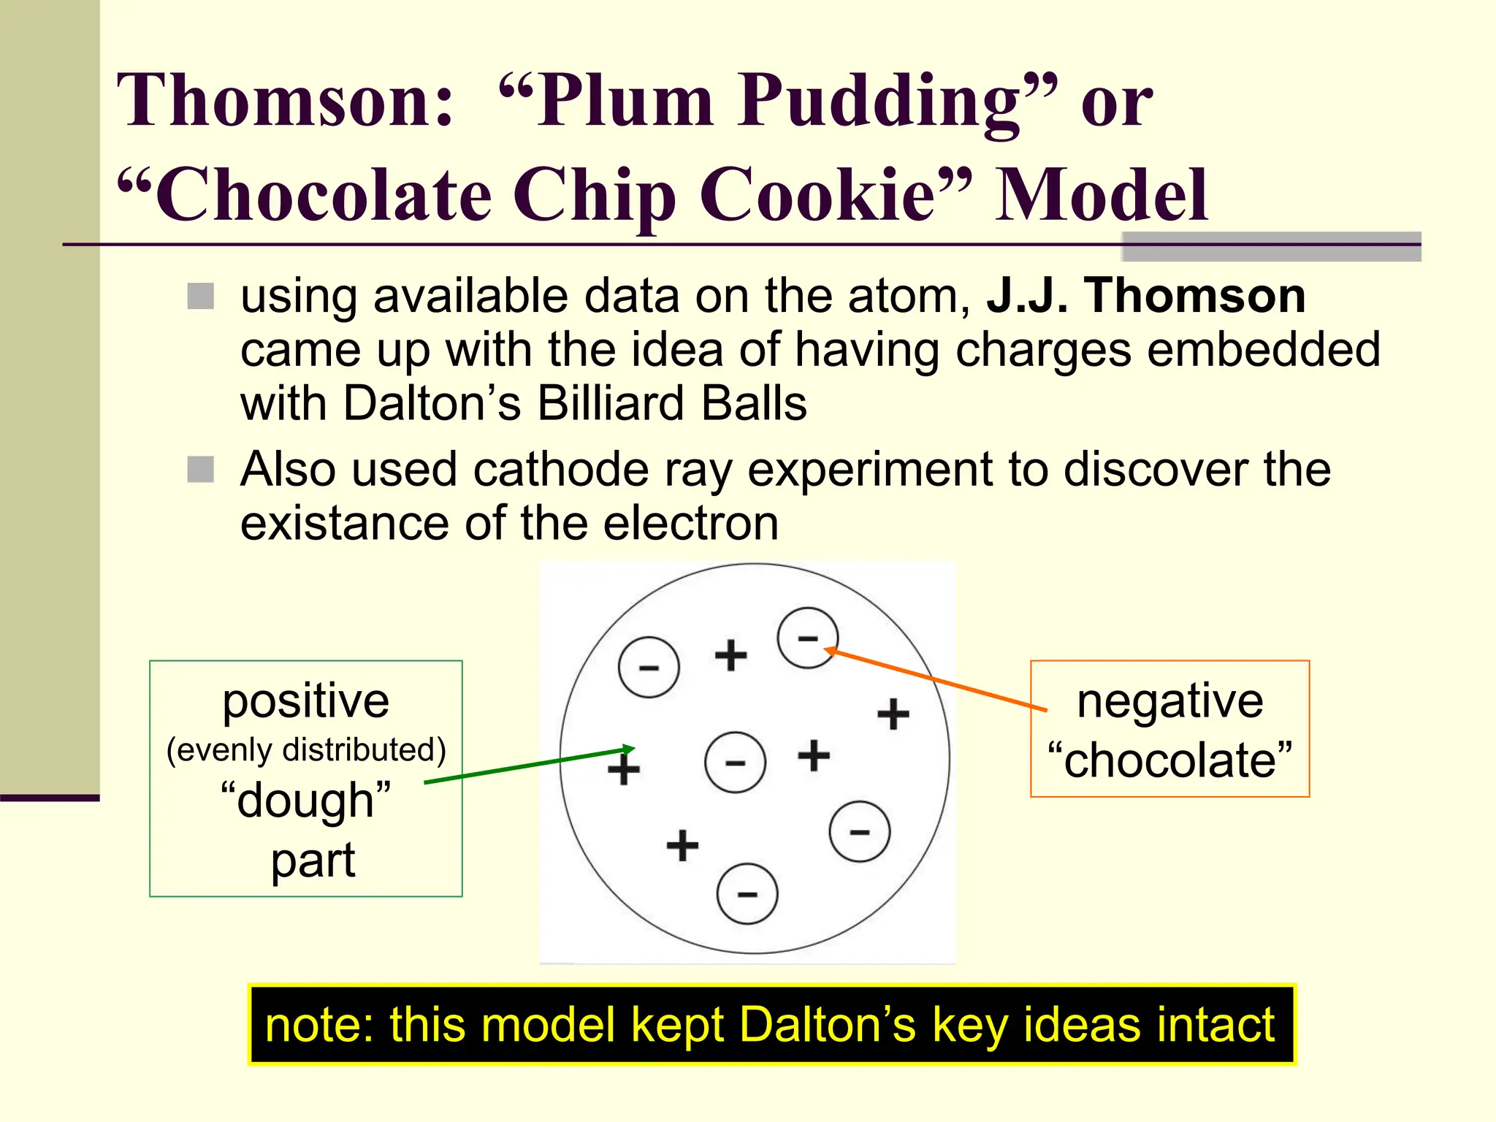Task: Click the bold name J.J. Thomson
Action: tap(1145, 296)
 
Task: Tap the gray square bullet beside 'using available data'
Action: tap(201, 297)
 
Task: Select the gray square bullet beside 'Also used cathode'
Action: tap(201, 470)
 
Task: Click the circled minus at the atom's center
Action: tap(735, 763)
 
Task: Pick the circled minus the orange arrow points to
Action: tap(807, 638)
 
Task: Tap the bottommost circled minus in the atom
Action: tap(747, 894)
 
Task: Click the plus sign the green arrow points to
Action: tap(624, 768)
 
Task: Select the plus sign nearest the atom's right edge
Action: tap(893, 714)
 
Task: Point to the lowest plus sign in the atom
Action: tap(682, 845)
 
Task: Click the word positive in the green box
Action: tap(305, 701)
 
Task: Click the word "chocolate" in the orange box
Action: tap(1169, 760)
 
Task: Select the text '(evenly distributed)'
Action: tap(306, 750)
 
